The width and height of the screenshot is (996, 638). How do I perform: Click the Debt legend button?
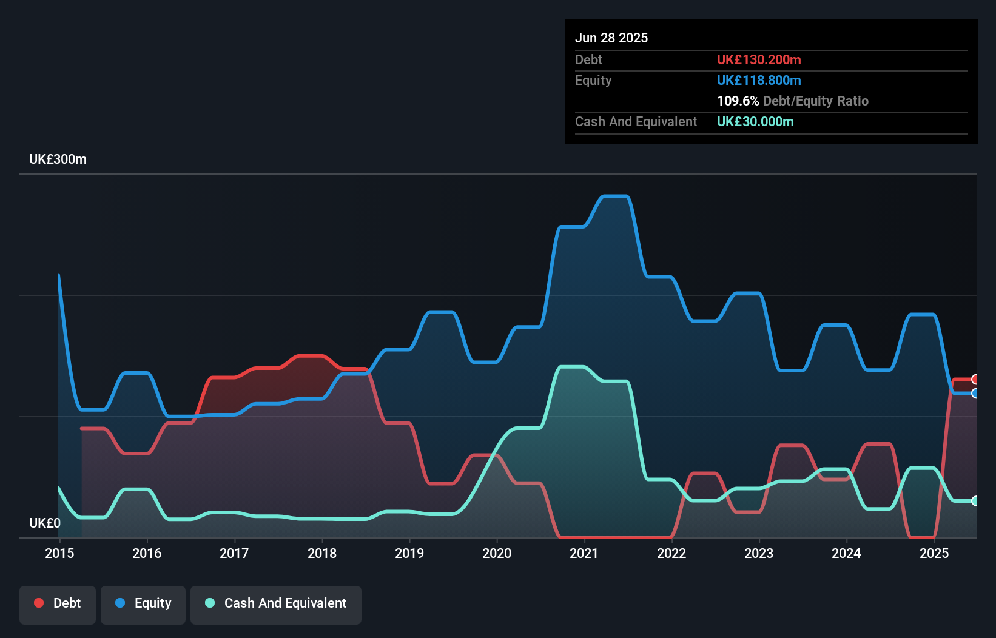58,603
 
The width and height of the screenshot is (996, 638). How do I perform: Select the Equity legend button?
143,603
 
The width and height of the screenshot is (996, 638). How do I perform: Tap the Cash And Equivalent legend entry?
276,603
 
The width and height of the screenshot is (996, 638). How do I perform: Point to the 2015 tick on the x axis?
59,553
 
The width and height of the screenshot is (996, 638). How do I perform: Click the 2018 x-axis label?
321,553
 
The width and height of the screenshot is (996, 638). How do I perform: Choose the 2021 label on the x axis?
584,553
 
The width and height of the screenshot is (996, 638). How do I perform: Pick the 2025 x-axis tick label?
934,553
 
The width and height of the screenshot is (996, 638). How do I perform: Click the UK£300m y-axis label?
58,159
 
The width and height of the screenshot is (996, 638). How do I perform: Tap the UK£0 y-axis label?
45,523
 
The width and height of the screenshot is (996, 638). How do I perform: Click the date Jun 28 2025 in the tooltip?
611,38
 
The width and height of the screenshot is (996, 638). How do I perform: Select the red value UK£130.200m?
759,60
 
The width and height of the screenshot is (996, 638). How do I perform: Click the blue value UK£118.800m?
759,81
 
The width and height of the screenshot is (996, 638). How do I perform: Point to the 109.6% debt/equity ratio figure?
738,101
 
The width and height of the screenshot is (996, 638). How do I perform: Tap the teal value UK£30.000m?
755,122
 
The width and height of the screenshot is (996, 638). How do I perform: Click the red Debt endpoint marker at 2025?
975,380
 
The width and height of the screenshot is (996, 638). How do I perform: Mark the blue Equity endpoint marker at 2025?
975,394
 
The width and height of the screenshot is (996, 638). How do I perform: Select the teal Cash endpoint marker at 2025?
975,501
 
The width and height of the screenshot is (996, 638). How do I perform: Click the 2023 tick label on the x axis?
759,553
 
